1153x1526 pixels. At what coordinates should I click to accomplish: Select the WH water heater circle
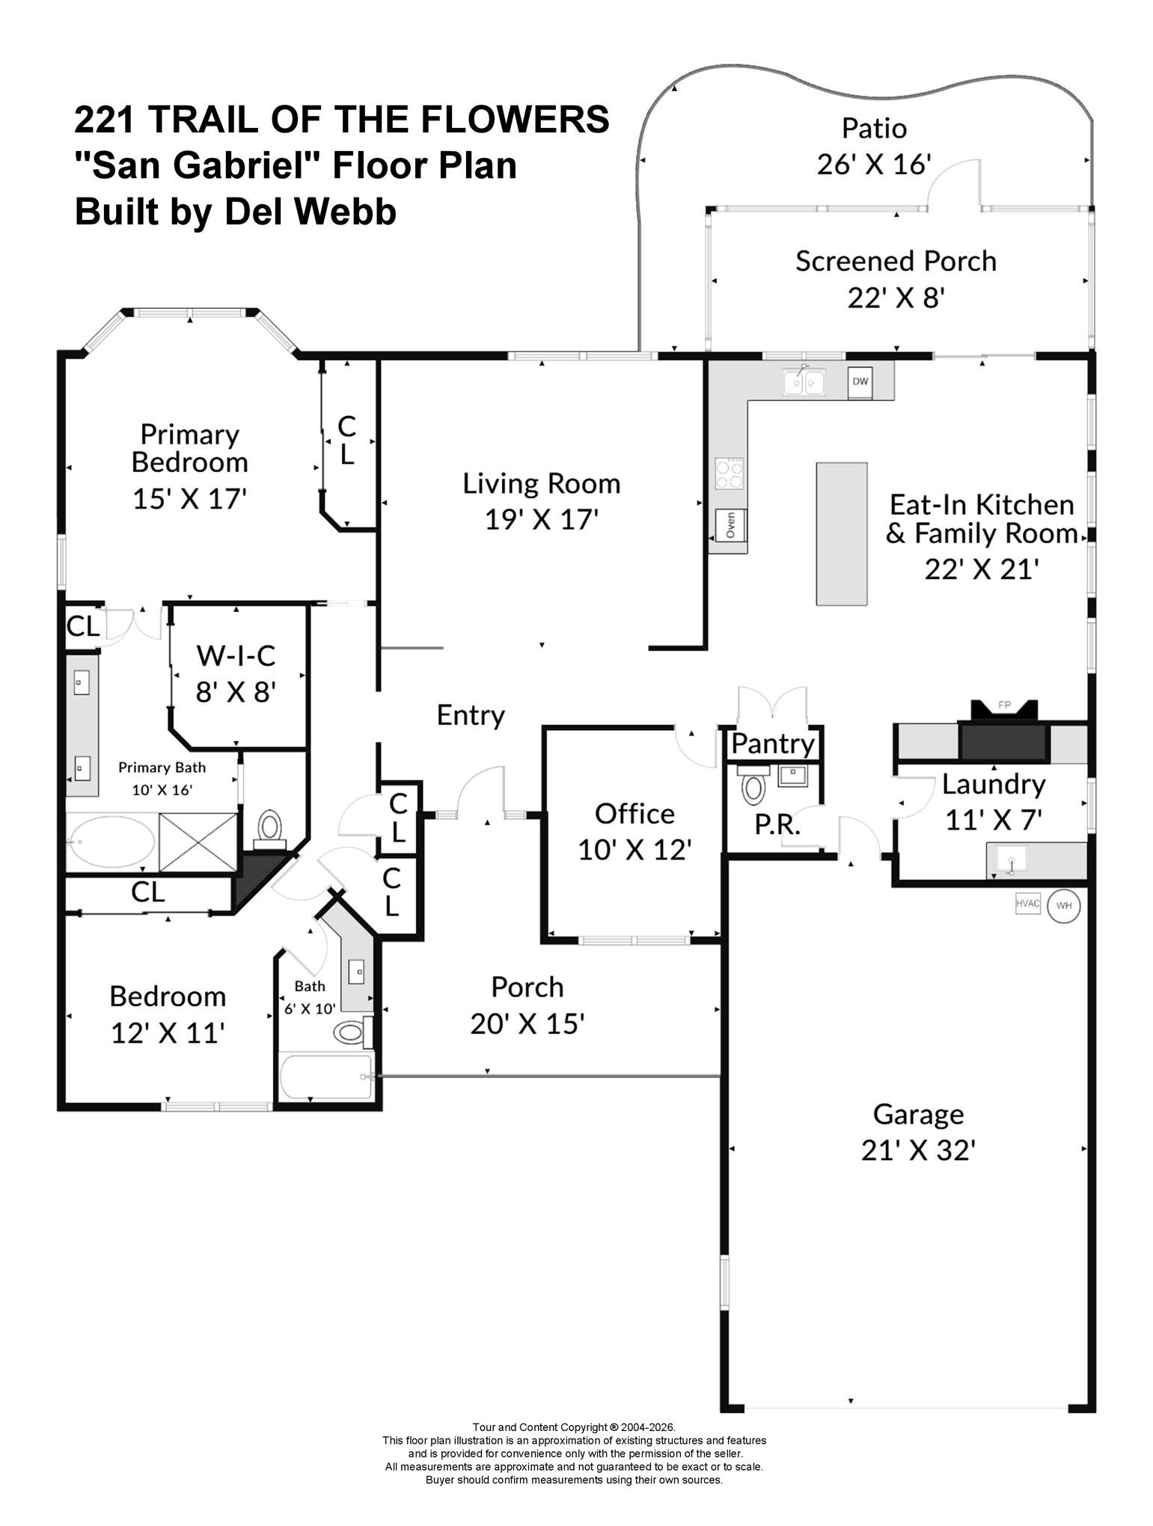point(1063,906)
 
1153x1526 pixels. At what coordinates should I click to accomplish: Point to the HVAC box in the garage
point(1028,904)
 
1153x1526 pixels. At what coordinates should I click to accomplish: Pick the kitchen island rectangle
point(842,533)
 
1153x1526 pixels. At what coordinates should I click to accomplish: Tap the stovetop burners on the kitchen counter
point(730,473)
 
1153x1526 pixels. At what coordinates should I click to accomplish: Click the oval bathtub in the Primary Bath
point(111,842)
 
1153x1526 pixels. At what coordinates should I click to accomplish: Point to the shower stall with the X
point(198,843)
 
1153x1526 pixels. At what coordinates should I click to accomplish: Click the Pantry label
point(773,744)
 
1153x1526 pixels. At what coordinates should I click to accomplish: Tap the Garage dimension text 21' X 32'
point(918,1149)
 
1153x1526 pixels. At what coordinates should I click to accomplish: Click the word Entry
point(471,715)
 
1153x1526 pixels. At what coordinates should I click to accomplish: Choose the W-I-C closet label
point(236,655)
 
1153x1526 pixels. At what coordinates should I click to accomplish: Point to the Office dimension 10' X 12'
point(634,849)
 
